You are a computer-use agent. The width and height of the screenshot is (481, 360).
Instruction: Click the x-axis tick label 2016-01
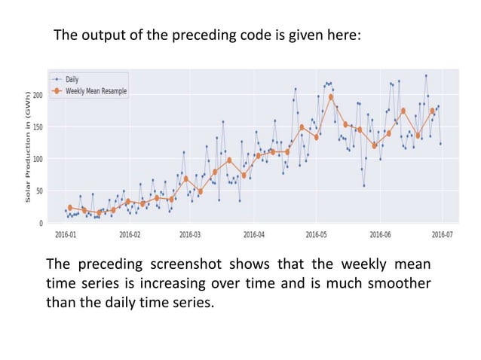66,234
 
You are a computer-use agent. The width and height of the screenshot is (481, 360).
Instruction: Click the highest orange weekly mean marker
331,97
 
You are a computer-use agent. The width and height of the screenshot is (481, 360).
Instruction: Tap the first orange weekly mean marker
69,207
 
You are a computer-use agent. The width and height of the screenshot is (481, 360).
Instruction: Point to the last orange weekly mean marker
433,111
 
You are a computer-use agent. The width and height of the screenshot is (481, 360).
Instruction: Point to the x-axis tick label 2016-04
253,234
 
